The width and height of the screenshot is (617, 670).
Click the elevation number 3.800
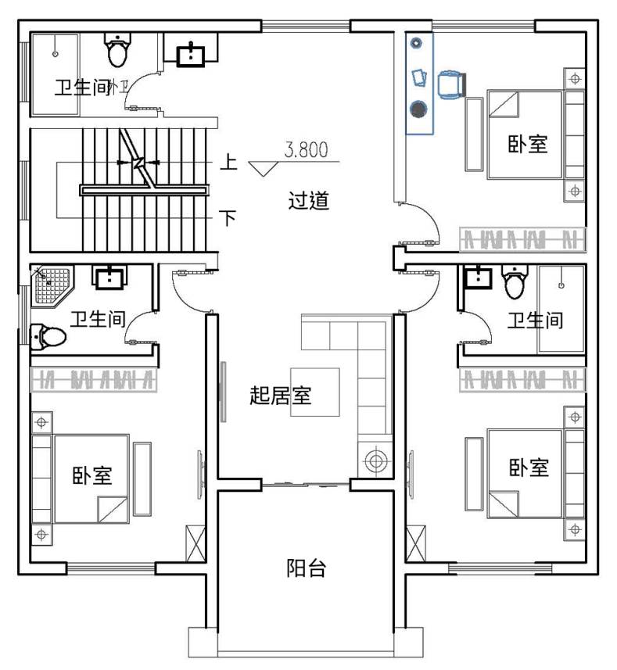(307, 150)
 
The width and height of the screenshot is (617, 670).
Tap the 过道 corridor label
(309, 200)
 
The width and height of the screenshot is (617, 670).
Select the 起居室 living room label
(280, 396)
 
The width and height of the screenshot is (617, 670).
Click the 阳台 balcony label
(306, 568)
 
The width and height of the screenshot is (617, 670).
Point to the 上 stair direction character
(228, 162)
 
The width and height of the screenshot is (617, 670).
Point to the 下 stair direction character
(228, 217)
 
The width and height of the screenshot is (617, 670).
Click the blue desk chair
(451, 84)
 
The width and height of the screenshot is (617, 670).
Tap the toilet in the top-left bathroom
(117, 49)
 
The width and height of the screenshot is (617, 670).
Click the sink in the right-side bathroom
(478, 278)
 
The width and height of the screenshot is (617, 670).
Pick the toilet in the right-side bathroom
(516, 281)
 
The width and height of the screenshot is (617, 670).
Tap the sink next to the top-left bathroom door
(191, 55)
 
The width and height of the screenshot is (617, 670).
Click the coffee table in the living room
(315, 392)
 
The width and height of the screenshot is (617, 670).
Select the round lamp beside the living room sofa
(375, 460)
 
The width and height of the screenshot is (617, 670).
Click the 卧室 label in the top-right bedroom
(528, 144)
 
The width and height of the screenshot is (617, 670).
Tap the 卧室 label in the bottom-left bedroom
(91, 475)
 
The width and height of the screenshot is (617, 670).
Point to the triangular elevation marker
(264, 168)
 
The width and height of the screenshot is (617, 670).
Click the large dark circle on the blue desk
(418, 109)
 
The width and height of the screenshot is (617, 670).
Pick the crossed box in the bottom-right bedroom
(415, 543)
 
